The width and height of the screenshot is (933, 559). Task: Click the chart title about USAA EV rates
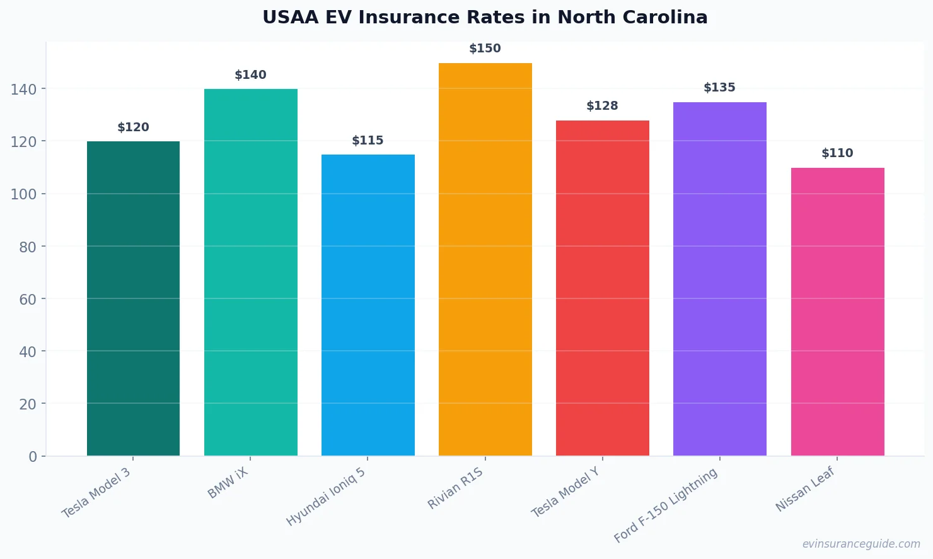pyautogui.click(x=485, y=17)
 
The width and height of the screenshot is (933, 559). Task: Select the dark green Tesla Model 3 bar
pyautogui.click(x=133, y=298)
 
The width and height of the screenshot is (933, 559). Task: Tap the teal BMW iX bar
pyautogui.click(x=250, y=272)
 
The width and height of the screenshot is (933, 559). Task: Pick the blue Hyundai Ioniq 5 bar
pyautogui.click(x=368, y=305)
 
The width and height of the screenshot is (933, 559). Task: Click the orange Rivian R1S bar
pyautogui.click(x=485, y=259)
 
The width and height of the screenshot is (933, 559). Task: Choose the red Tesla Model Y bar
pyautogui.click(x=602, y=288)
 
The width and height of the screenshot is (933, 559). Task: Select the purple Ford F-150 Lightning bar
pyautogui.click(x=719, y=279)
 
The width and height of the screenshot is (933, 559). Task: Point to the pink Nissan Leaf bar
pyautogui.click(x=837, y=312)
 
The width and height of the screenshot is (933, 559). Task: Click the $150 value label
pyautogui.click(x=485, y=49)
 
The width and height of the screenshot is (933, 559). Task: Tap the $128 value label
pyautogui.click(x=602, y=106)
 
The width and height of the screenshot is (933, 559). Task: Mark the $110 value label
pyautogui.click(x=837, y=153)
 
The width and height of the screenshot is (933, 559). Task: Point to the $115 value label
pyautogui.click(x=368, y=141)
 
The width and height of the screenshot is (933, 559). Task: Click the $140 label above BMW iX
pyautogui.click(x=250, y=75)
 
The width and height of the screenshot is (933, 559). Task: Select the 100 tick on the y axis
pyautogui.click(x=23, y=194)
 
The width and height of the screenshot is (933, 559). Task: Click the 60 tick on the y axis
pyautogui.click(x=27, y=299)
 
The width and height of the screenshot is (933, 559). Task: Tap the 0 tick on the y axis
pyautogui.click(x=32, y=457)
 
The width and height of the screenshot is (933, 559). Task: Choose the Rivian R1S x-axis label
pyautogui.click(x=455, y=488)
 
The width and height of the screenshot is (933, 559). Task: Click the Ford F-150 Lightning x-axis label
pyautogui.click(x=666, y=505)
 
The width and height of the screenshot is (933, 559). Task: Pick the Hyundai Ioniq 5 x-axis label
pyautogui.click(x=325, y=497)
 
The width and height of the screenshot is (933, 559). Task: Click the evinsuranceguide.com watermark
pyautogui.click(x=861, y=544)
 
